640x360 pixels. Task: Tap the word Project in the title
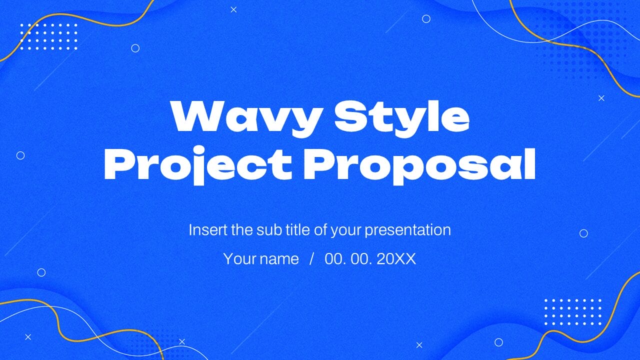[x=197, y=164]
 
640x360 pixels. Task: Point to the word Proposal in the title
[x=419, y=164]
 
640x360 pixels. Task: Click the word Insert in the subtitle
[x=207, y=230]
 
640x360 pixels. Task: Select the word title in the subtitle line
[x=298, y=230]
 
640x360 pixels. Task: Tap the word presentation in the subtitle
[x=407, y=230]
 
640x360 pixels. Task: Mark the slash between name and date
[x=312, y=259]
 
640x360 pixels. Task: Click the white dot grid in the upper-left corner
[x=48, y=36]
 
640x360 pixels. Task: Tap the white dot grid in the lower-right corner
[x=572, y=312]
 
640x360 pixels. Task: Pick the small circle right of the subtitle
[x=583, y=233]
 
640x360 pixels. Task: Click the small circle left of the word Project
[x=20, y=155]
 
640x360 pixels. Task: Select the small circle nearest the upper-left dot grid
[x=135, y=48]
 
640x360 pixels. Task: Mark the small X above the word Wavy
[x=233, y=9]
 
